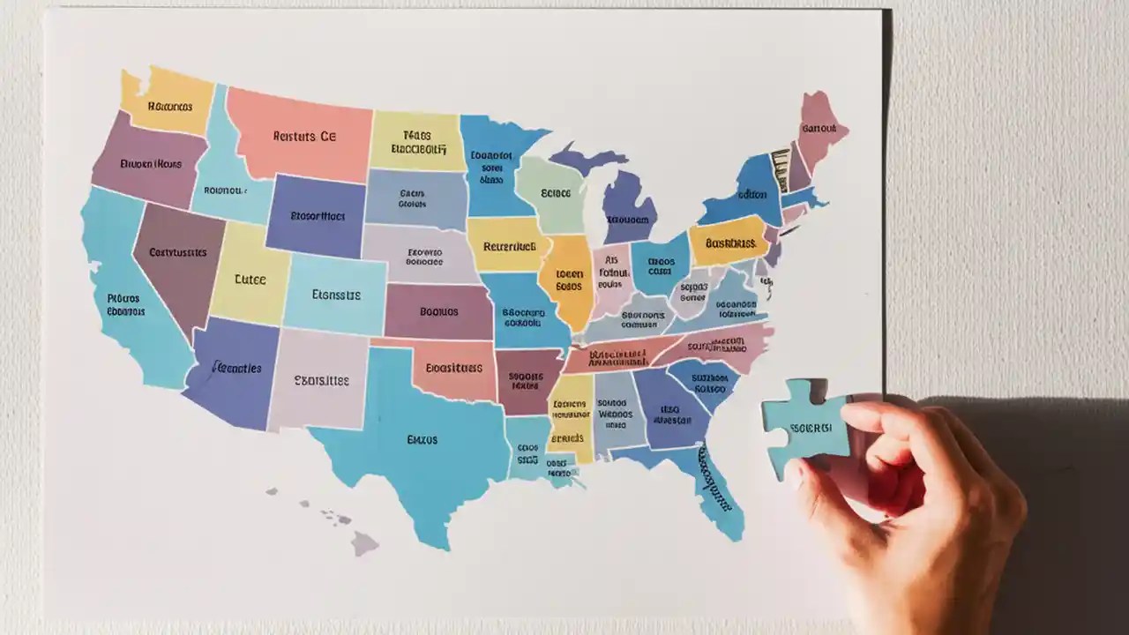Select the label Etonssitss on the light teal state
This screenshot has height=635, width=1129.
coord(336,295)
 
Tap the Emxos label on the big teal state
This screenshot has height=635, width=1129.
coord(422,439)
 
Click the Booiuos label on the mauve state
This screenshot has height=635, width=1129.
coord(438,311)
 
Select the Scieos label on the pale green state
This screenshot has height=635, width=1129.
coord(556,192)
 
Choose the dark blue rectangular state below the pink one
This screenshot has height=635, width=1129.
coord(316,214)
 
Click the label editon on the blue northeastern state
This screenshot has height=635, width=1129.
coord(751,195)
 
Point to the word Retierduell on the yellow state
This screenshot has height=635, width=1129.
coord(511,247)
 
